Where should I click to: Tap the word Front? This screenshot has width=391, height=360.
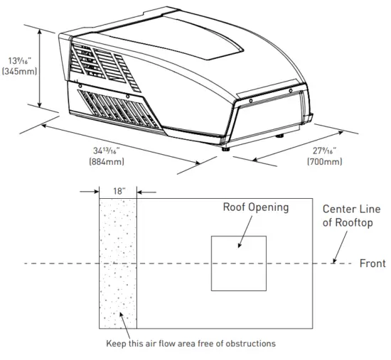click(372, 263)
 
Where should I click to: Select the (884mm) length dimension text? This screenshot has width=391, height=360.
click(107, 162)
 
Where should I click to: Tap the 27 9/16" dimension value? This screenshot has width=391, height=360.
click(324, 150)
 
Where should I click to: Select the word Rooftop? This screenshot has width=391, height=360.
click(355, 222)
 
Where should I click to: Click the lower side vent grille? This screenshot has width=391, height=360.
click(117, 110)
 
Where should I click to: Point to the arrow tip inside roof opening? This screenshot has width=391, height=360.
click(240, 246)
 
